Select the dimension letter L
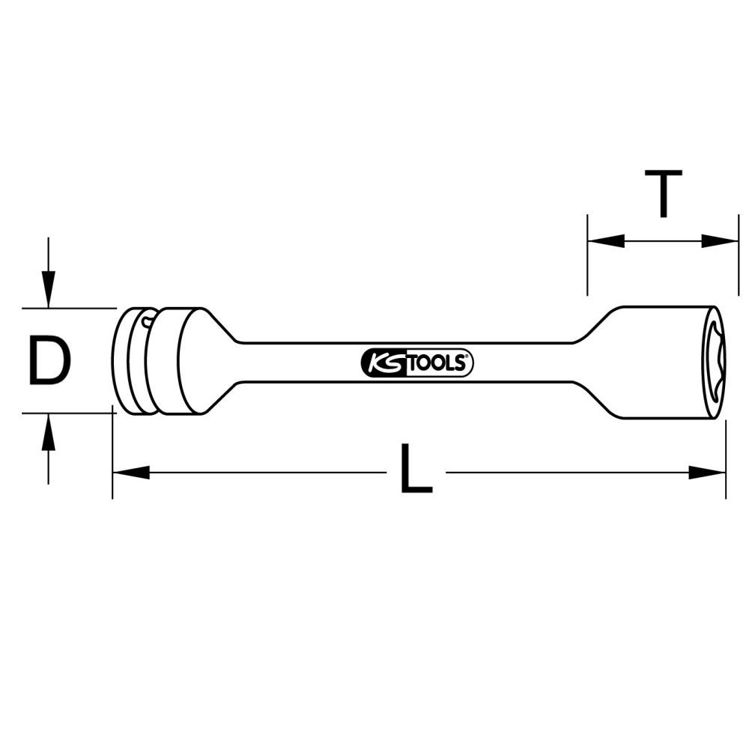coord(416,470)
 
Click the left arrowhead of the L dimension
coord(131,473)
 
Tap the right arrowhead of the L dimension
coord(707,473)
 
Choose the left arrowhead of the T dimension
coord(606,240)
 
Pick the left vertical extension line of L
coord(112,457)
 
